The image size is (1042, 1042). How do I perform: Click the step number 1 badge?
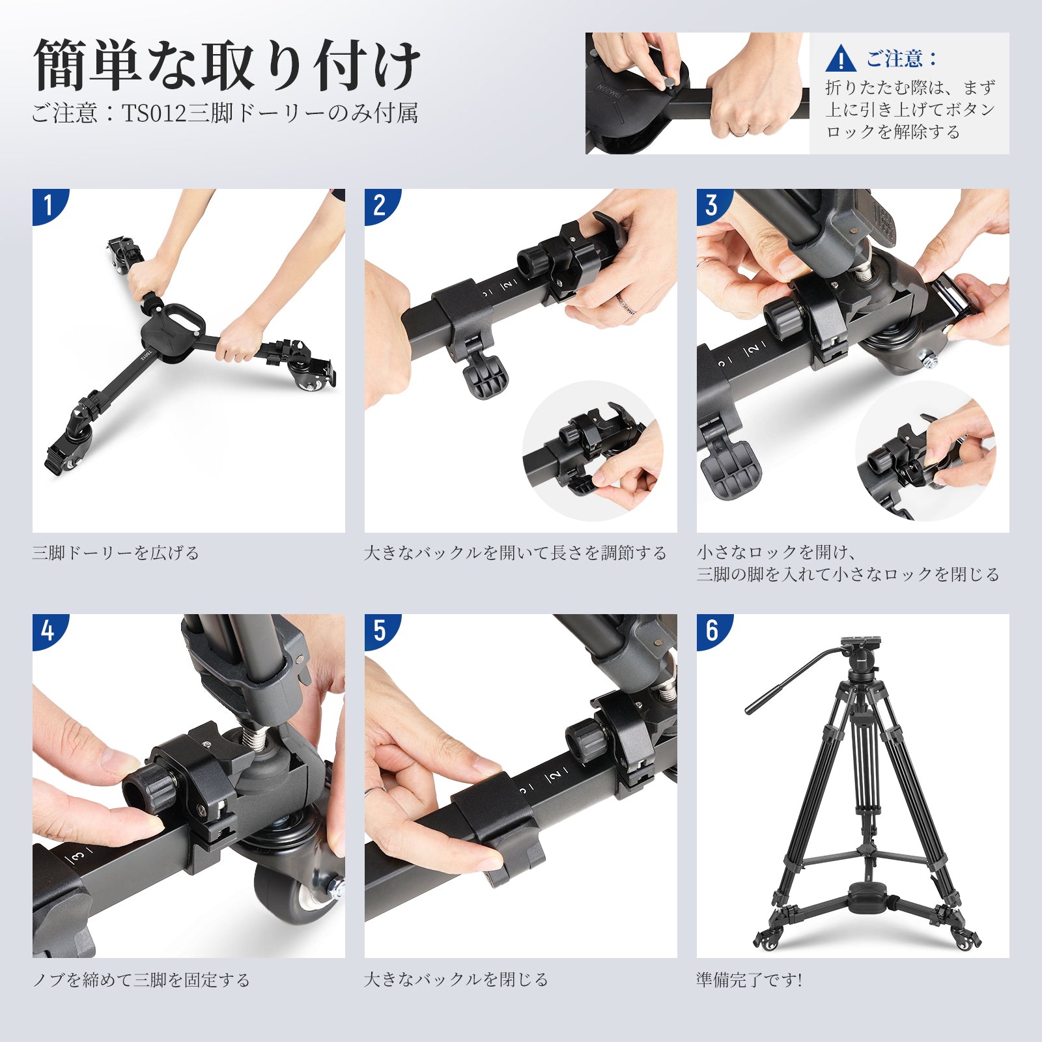(x=48, y=205)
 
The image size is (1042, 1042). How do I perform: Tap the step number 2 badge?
(x=380, y=205)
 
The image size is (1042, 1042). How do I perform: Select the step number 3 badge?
(x=712, y=205)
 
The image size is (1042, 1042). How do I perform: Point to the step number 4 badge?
(x=48, y=630)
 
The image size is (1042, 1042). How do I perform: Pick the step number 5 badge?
(x=380, y=630)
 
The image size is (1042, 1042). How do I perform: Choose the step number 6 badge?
(x=712, y=630)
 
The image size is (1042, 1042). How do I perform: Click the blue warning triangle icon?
(x=841, y=59)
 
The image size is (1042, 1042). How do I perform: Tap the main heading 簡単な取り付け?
(x=227, y=65)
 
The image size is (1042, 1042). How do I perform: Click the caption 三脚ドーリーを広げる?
(x=116, y=553)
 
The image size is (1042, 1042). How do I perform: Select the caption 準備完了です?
(x=750, y=979)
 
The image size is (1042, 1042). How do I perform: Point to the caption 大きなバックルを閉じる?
(x=457, y=979)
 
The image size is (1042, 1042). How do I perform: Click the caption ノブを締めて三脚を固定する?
(x=141, y=979)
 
